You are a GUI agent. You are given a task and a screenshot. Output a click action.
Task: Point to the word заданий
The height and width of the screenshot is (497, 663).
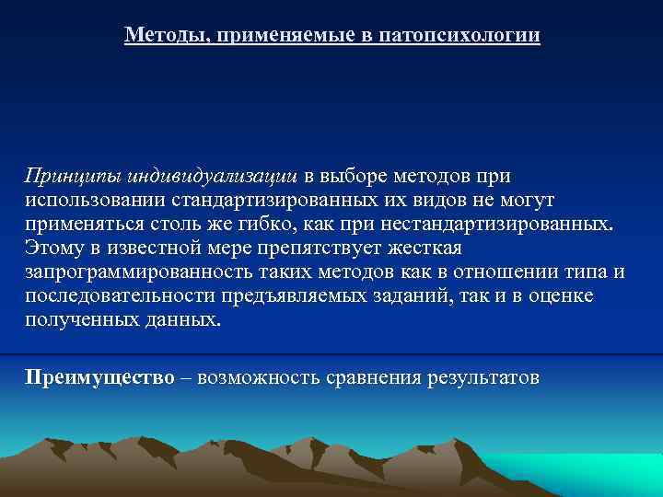(395, 296)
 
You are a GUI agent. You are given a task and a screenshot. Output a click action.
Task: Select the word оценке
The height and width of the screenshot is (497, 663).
(560, 296)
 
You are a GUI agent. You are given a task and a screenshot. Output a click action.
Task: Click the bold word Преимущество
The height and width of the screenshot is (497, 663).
(99, 377)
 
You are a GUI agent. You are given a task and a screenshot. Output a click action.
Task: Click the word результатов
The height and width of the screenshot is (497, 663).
(483, 377)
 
